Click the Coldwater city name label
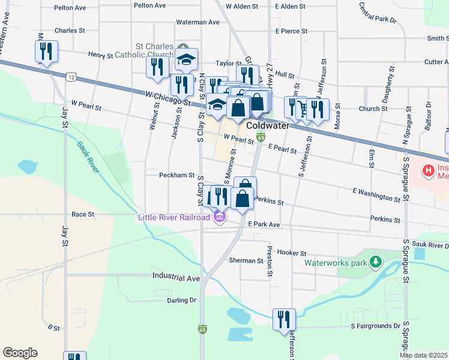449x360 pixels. tap(268, 126)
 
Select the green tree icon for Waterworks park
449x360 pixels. tap(376, 262)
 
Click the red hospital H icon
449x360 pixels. tap(428, 171)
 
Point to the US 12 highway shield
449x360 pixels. tap(71, 77)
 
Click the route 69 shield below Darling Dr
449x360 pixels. tap(202, 329)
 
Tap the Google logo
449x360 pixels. tap(20, 353)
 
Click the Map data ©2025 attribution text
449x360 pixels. tap(423, 355)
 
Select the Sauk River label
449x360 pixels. tap(88, 157)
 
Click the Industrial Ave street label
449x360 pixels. tap(176, 278)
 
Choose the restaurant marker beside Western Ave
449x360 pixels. tap(46, 52)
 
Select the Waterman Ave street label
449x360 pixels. tap(197, 22)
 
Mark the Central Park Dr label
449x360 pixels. tap(378, 12)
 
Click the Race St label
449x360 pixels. tap(83, 214)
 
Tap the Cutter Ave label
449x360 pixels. tap(436, 62)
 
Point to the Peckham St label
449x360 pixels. tap(176, 176)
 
